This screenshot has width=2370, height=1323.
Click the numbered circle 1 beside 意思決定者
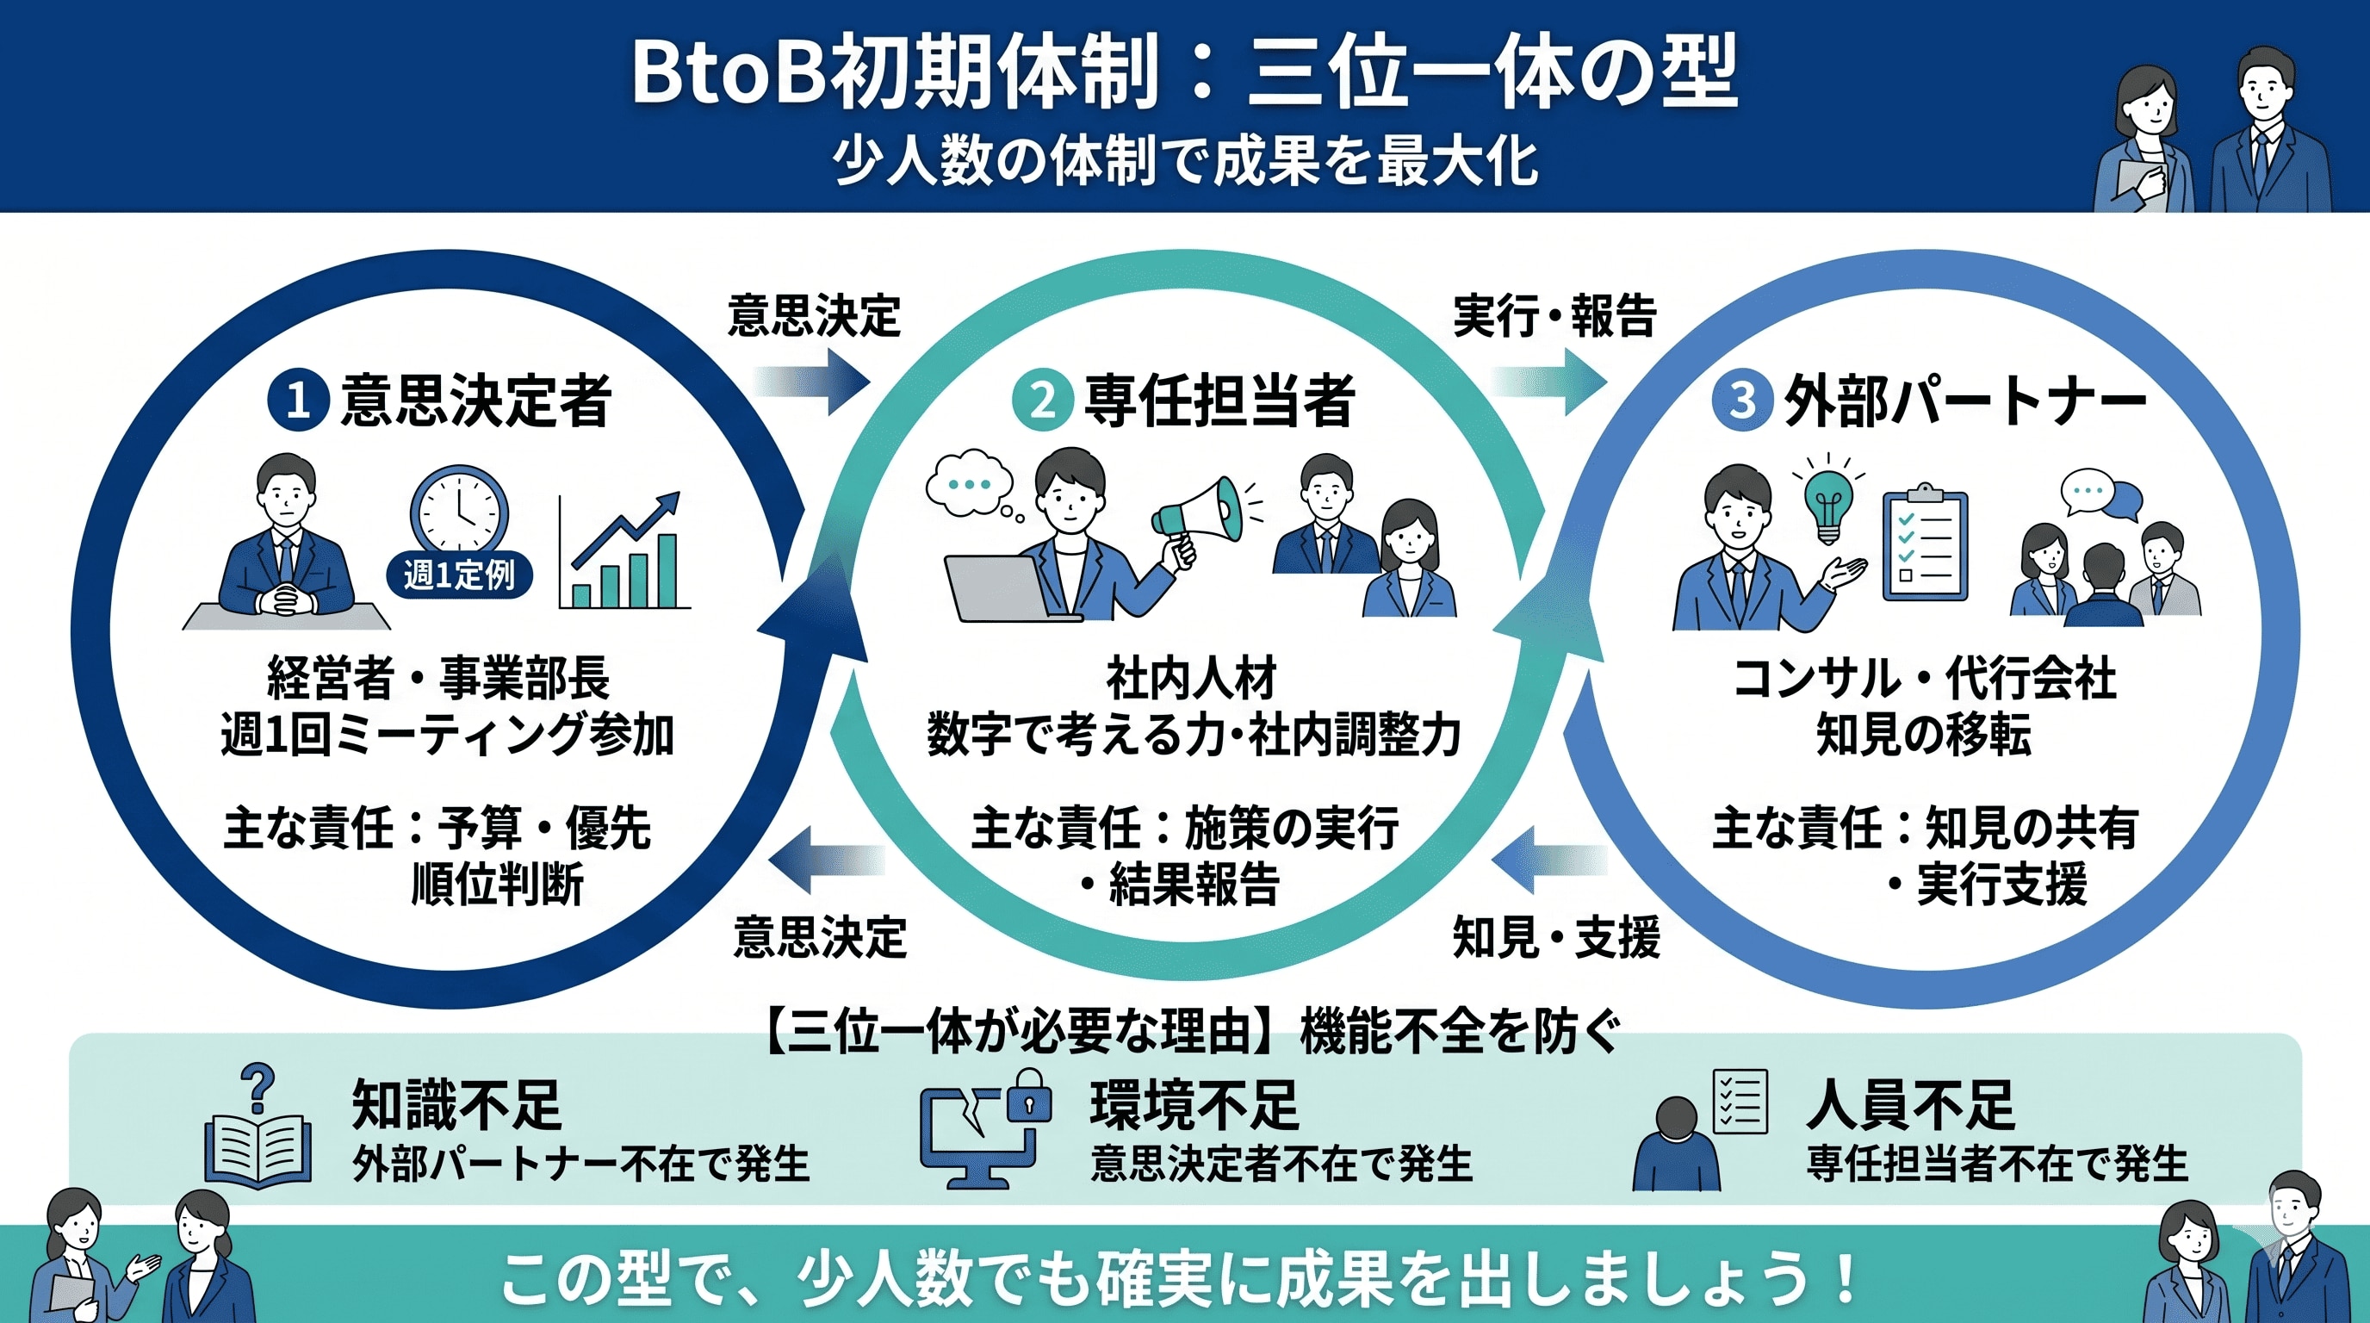point(297,401)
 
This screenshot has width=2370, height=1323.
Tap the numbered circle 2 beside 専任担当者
point(1041,401)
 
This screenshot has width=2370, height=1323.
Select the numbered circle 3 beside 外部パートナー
point(1740,401)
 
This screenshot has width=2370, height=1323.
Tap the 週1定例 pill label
point(459,576)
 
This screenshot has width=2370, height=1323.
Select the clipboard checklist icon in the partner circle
point(1925,544)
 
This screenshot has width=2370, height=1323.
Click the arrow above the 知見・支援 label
point(1548,860)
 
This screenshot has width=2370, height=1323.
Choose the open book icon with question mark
point(257,1141)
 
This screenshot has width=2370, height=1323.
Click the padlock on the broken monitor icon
point(1028,1096)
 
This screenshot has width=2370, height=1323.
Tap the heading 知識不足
point(456,1105)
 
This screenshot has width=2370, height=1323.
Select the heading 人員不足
point(1910,1105)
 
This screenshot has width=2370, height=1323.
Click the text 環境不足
point(1194,1105)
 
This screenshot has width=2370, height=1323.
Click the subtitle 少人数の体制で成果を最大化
point(1185,162)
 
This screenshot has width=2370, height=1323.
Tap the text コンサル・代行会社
point(1924,679)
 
